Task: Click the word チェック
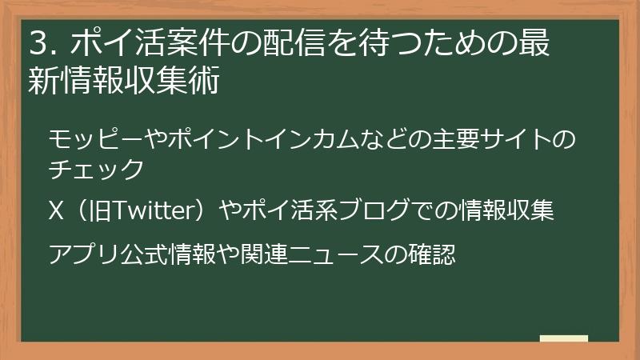coord(96,170)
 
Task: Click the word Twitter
coord(151,212)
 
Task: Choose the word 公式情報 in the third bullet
coord(169,255)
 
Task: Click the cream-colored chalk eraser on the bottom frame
coord(564,339)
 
